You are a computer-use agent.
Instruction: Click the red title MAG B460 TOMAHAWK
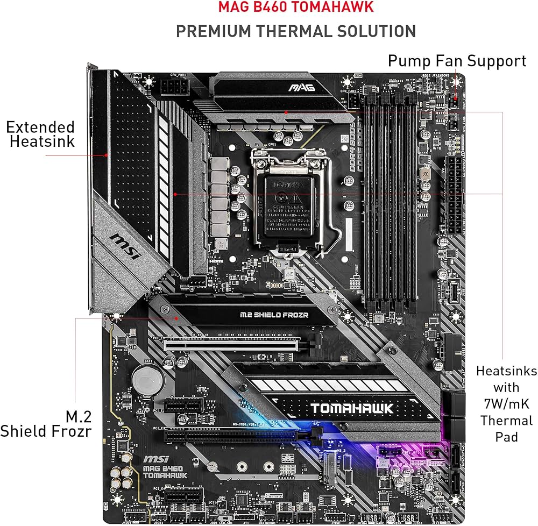pyautogui.click(x=295, y=8)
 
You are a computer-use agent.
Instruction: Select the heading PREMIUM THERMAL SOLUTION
pyautogui.click(x=295, y=31)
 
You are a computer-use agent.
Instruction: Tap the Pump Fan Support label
pyautogui.click(x=457, y=61)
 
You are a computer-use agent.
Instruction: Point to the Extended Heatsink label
pyautogui.click(x=41, y=134)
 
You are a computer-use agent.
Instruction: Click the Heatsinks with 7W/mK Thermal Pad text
pyautogui.click(x=506, y=403)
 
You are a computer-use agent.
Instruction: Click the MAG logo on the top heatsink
pyautogui.click(x=301, y=87)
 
